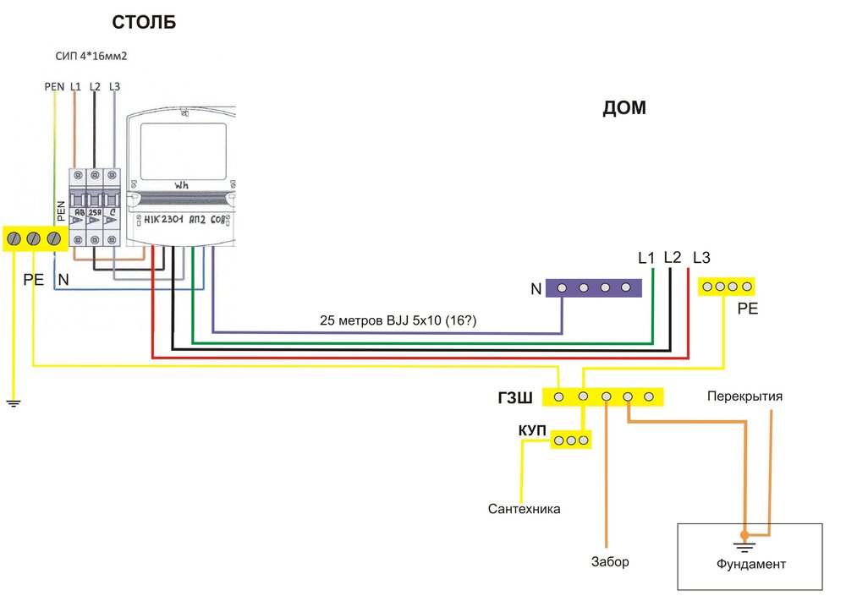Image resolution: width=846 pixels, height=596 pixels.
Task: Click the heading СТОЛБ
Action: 144,23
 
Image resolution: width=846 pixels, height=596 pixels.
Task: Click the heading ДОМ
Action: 624,109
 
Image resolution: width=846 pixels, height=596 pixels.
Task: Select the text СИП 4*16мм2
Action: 91,57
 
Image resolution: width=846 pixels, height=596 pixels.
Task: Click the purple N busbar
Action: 594,288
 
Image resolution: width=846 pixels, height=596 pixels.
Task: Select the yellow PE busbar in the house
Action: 726,287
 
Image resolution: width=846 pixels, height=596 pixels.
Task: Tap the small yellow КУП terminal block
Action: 571,440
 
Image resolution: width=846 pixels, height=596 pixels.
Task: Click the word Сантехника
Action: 525,509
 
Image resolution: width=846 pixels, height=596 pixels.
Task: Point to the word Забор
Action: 610,561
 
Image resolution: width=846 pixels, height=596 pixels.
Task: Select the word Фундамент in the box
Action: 750,564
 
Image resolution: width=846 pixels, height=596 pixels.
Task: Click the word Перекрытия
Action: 745,396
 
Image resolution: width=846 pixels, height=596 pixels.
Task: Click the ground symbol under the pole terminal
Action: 13,402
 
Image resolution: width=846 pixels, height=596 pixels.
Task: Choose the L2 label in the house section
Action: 673,257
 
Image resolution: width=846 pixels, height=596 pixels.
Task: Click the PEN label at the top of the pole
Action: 54,86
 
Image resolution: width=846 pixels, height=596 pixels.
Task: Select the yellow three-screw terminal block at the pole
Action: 35,239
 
